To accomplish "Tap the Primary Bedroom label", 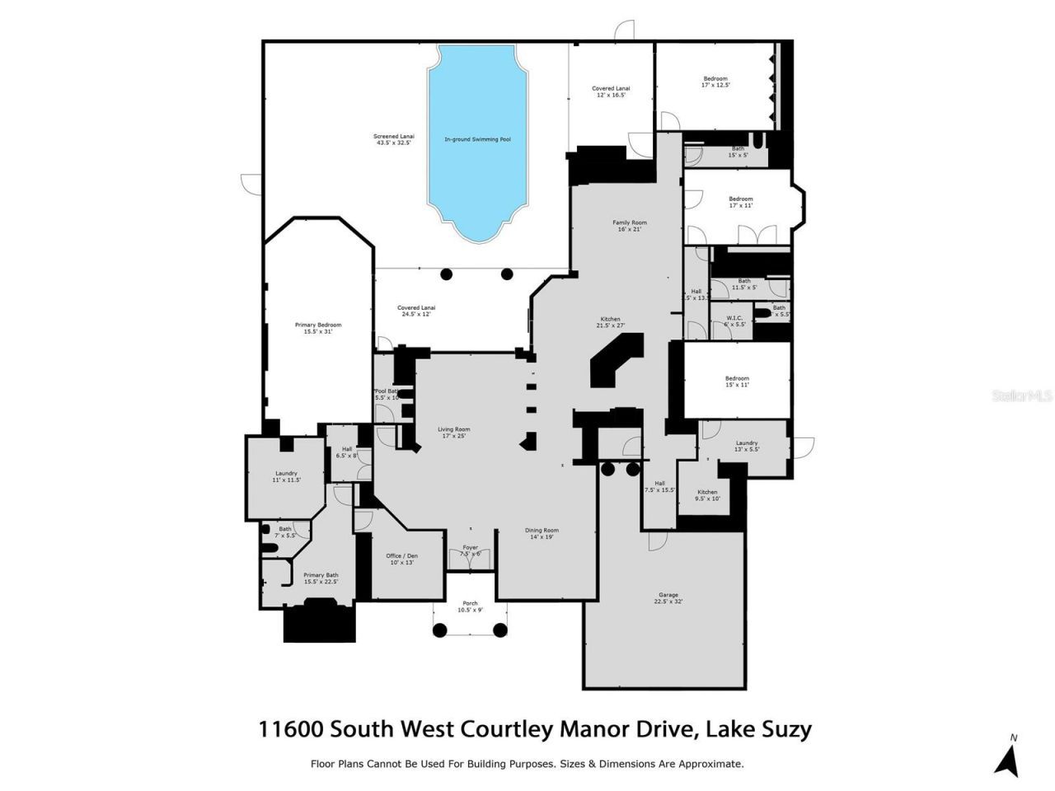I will coord(317,328).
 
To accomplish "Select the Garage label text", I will coord(668,598).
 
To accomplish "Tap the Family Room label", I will coord(629,226).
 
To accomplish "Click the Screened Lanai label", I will coord(394,139).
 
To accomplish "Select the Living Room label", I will coord(453,432).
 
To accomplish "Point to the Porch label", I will coord(470,606).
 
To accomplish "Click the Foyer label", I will coord(470,550).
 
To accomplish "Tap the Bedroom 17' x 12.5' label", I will coord(715,82).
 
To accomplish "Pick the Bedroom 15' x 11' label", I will coord(737,381).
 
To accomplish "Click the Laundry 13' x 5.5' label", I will coord(747,446).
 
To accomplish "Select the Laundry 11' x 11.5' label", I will coord(286,476).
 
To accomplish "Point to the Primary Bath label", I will coord(321,578).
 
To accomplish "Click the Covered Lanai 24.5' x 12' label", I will coord(415,311).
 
